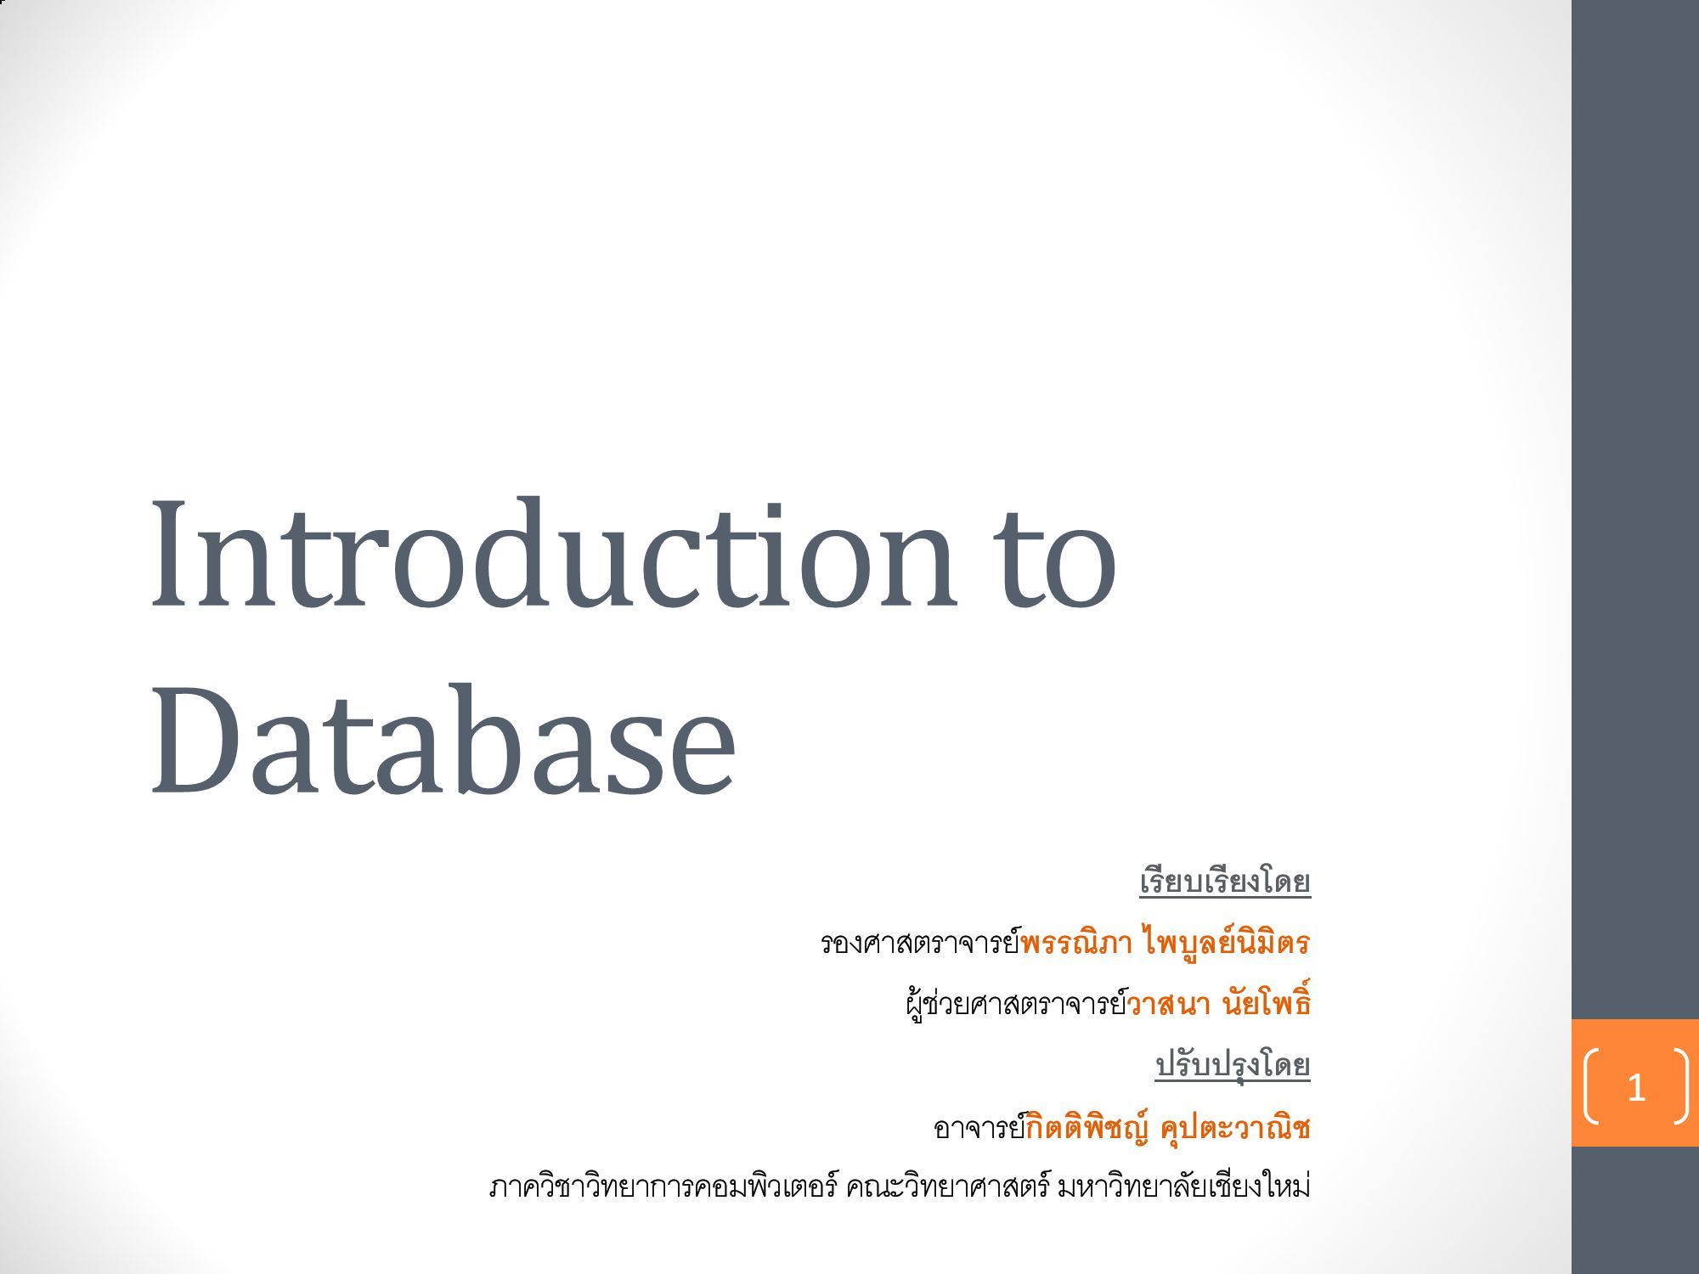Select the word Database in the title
point(442,739)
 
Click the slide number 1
point(1636,1087)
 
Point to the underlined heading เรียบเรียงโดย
point(1225,881)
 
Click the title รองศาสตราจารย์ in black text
point(920,942)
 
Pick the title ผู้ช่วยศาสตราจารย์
point(1016,1003)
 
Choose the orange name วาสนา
point(1168,1005)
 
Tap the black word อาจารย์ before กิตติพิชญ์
point(980,1126)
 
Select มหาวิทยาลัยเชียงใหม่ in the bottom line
point(1183,1187)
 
